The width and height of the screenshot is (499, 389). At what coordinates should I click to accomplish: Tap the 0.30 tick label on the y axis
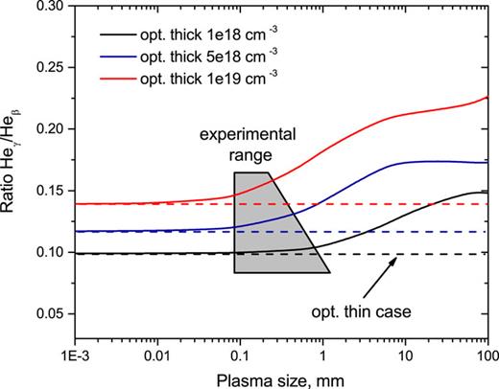click(52, 6)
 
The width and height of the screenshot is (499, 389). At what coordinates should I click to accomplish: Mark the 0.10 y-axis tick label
click(52, 253)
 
